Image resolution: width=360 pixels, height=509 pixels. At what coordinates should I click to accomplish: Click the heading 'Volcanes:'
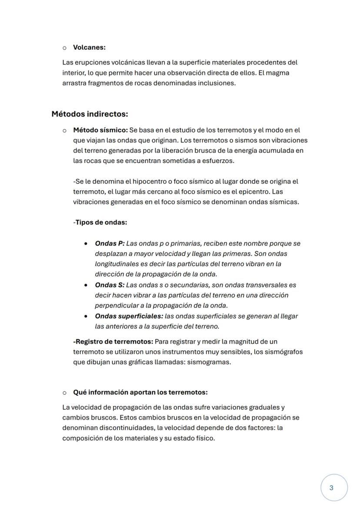(89, 47)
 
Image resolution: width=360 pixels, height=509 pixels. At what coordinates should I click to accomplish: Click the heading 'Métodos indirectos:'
(90, 114)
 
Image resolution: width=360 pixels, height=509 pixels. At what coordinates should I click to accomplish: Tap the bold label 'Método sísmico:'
(100, 130)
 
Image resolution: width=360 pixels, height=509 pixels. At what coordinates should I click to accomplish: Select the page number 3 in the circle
(332, 488)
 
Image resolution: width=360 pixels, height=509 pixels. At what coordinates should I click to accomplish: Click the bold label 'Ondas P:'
(110, 243)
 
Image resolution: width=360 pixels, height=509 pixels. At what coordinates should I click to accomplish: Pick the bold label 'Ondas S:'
(110, 285)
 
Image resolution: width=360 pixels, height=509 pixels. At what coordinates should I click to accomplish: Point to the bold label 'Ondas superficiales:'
(129, 316)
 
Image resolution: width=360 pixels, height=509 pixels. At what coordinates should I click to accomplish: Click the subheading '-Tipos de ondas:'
(100, 223)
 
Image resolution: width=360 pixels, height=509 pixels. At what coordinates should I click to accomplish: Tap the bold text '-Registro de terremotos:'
(113, 342)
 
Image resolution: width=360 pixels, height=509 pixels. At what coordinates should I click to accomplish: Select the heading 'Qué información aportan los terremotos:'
(140, 393)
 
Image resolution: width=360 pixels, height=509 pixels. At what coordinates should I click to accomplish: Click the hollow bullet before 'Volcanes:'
(64, 47)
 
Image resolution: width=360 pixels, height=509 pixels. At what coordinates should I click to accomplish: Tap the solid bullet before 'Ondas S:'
(87, 285)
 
